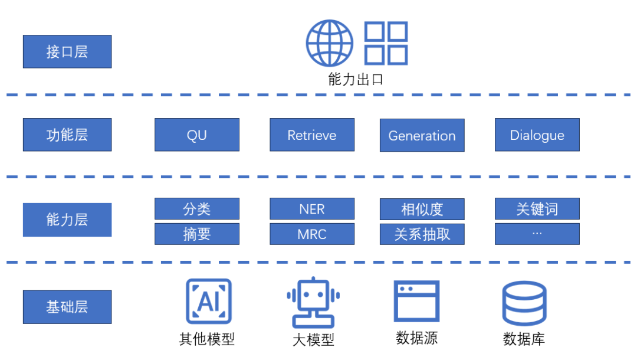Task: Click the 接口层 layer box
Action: pos(67,51)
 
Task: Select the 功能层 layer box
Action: pos(67,135)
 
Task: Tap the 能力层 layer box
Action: pos(67,220)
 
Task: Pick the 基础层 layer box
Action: pos(67,306)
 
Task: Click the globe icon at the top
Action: pos(329,44)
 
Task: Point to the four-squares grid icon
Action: pos(386,43)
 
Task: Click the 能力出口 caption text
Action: pos(356,79)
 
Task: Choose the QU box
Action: pos(197,135)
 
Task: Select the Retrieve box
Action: pos(312,135)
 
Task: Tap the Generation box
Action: pos(422,135)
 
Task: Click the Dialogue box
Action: pos(537,135)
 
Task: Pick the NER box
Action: pos(312,209)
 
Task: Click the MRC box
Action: pos(312,234)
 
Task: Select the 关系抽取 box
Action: pos(422,234)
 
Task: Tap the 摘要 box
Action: pos(197,234)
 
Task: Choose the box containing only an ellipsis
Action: pos(537,234)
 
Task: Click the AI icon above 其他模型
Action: pos(209,302)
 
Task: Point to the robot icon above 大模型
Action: pos(313,302)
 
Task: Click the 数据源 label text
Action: pos(417,338)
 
